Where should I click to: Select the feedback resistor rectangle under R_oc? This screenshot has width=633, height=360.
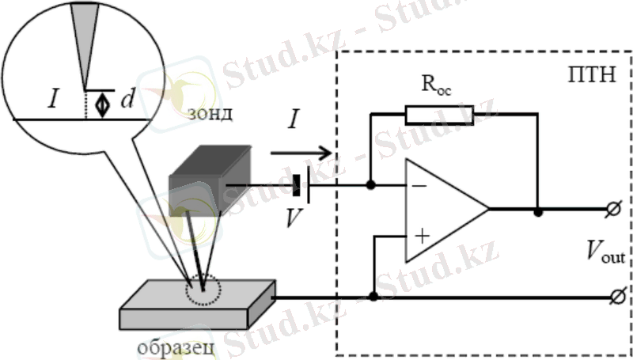(440, 115)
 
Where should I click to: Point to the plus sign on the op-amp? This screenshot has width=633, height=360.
(422, 236)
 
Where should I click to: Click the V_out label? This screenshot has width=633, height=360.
(605, 253)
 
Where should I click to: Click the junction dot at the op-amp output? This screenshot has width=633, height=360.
(538, 211)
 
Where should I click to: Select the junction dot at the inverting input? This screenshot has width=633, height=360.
(370, 187)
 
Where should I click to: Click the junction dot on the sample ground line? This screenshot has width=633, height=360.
(370, 298)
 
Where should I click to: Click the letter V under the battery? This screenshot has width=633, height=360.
(294, 216)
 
